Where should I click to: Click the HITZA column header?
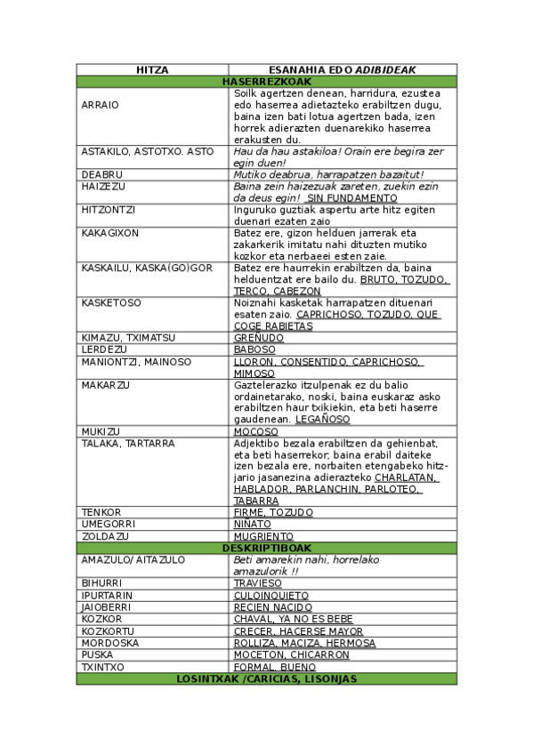pyautogui.click(x=152, y=69)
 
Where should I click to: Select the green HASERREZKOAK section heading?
pyautogui.click(x=266, y=81)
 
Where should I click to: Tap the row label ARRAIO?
pyautogui.click(x=100, y=105)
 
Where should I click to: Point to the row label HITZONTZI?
pyautogui.click(x=109, y=210)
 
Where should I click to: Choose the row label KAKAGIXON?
pyautogui.click(x=110, y=233)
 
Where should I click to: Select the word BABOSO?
pyautogui.click(x=254, y=350)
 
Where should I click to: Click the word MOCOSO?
pyautogui.click(x=255, y=432)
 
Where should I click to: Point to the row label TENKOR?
pyautogui.click(x=101, y=513)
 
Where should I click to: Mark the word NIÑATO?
pyautogui.click(x=254, y=525)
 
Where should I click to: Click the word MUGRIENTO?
pyautogui.click(x=263, y=537)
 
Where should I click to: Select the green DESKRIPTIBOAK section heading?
pyautogui.click(x=266, y=549)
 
